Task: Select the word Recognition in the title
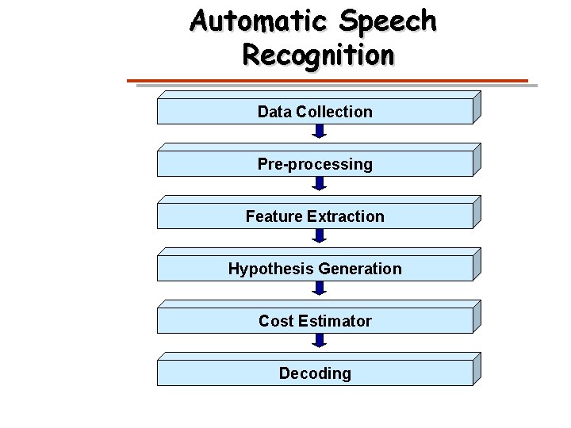[317, 55]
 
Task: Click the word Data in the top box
[274, 112]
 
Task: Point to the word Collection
[334, 112]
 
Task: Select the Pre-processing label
[315, 164]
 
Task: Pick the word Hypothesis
[266, 269]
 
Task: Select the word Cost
[276, 321]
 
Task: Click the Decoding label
[315, 373]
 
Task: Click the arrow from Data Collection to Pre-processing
[319, 132]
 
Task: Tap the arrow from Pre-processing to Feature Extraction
[319, 184]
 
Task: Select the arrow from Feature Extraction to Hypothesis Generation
[319, 236]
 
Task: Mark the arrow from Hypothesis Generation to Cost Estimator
[319, 289]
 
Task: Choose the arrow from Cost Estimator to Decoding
[319, 341]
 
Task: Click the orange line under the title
[328, 81]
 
